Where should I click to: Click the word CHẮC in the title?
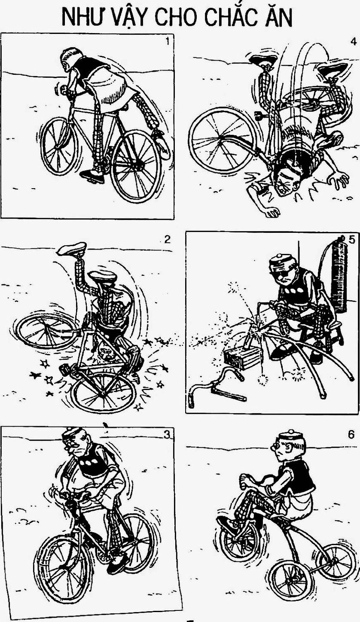[229, 17]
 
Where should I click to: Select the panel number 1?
[167, 41]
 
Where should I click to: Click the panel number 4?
[353, 41]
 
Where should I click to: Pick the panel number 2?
[167, 239]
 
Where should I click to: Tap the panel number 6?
[351, 434]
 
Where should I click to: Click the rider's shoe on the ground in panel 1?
[92, 176]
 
